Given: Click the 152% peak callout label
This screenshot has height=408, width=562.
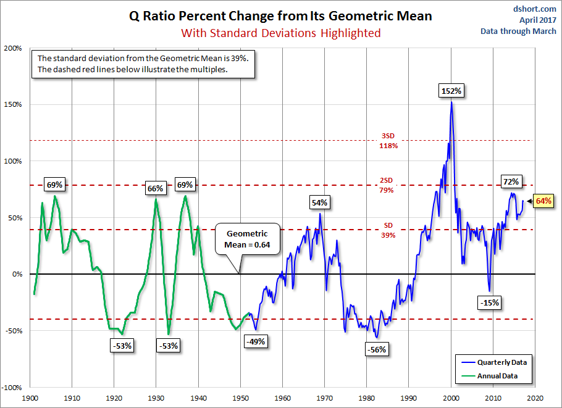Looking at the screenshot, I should (x=451, y=91).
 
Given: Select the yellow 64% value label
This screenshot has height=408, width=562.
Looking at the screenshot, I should (x=543, y=201).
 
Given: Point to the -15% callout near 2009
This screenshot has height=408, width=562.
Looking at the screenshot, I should (x=489, y=303).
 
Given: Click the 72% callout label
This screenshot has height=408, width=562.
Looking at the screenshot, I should (x=511, y=181).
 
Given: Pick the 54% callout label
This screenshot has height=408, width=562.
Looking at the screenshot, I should (x=320, y=202).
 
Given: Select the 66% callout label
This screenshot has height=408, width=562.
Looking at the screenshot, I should (x=154, y=188).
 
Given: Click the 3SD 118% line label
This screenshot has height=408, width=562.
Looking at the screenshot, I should (x=387, y=141).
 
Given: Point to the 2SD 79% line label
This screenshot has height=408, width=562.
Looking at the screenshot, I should (x=387, y=185).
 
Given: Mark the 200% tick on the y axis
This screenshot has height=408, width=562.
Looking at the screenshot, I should (x=13, y=48).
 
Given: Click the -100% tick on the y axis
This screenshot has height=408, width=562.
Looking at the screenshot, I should (x=12, y=387).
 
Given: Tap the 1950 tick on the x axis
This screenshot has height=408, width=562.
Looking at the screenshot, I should (x=240, y=398).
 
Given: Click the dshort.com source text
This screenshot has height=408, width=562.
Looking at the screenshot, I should (x=534, y=8).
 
